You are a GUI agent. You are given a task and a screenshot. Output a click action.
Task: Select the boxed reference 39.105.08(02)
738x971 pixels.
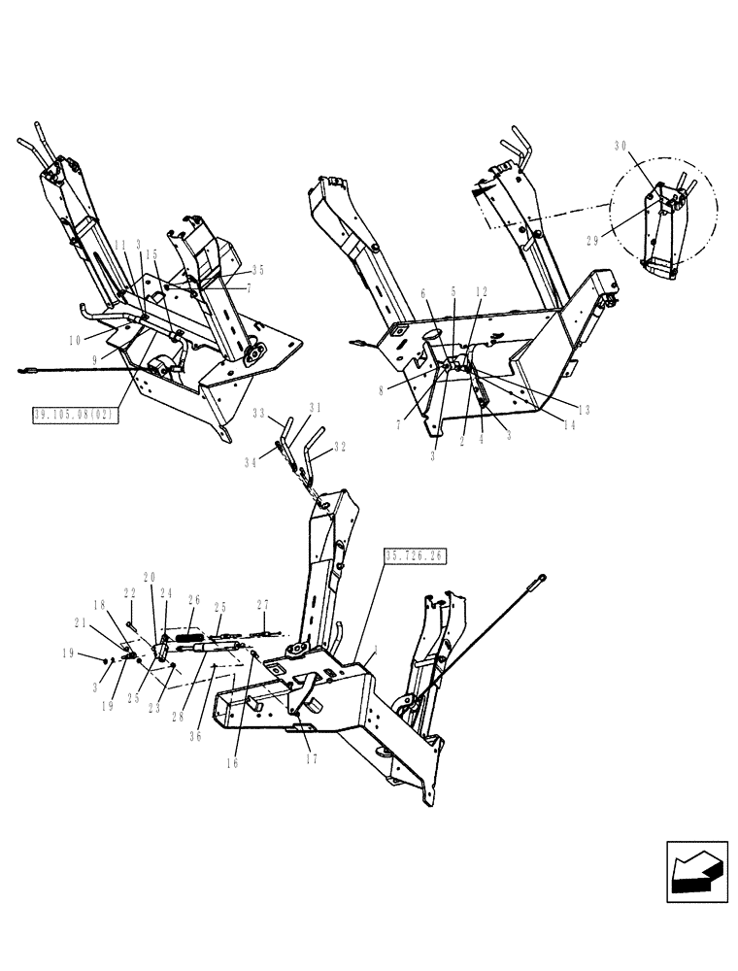[75, 414]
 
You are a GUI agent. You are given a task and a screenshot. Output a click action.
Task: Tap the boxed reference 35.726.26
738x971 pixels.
[414, 556]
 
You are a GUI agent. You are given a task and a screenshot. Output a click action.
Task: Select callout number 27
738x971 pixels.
[263, 605]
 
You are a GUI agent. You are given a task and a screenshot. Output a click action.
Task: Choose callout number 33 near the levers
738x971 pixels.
[258, 415]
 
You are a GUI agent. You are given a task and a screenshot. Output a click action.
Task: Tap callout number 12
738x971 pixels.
[483, 291]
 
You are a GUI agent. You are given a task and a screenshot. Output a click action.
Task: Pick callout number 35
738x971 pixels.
[257, 271]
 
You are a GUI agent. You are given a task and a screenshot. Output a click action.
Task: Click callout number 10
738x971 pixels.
[75, 340]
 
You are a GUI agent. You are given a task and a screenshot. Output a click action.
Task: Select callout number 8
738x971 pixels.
[384, 391]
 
